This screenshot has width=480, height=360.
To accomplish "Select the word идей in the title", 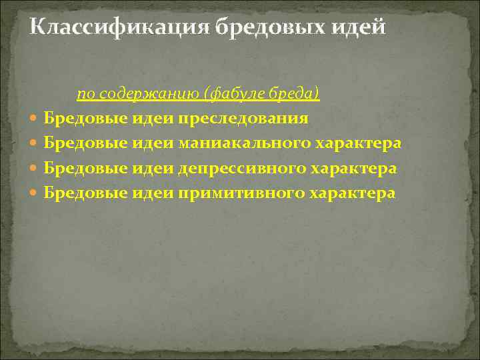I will click(361, 28).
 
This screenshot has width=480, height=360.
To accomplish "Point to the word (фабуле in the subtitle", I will click(233, 94).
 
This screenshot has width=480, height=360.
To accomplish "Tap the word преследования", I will click(243, 119).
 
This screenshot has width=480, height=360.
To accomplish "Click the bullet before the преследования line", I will click(35, 119).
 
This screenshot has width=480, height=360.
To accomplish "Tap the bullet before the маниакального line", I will click(35, 144).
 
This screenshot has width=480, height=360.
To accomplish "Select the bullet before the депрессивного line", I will click(35, 169).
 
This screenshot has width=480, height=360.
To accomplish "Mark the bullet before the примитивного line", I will click(35, 193).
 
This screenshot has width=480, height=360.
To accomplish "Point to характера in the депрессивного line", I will click(355, 168).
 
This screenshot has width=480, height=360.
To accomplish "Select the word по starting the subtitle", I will click(85, 94).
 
